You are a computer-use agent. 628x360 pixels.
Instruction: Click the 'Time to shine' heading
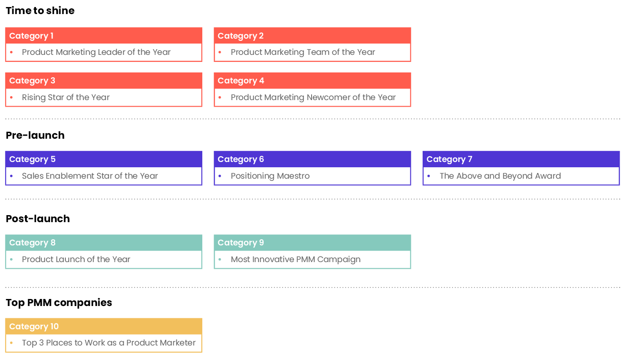coord(40,11)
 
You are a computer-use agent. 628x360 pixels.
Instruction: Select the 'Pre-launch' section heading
coord(35,135)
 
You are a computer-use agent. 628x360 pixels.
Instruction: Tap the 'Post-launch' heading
coord(38,219)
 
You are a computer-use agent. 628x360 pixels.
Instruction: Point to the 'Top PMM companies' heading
coord(59,302)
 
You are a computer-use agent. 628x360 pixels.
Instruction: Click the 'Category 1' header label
coord(32,36)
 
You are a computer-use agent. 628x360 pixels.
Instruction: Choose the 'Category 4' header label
coord(241,81)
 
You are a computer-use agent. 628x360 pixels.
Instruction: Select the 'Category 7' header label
coord(449,159)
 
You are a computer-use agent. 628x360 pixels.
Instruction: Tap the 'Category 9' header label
coord(241,243)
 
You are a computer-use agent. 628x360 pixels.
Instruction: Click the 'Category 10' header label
coord(34,326)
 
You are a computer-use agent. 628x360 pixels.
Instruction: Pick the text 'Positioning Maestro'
coord(270,176)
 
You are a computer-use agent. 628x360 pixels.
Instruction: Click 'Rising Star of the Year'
coord(65,97)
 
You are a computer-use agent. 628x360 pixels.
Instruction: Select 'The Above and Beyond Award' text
coord(500,176)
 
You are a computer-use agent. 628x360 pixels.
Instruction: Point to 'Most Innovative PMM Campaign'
coord(295,259)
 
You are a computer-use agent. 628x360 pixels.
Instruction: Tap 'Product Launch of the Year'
coord(76,259)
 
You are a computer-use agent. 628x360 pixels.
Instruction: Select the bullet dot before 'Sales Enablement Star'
coord(11,176)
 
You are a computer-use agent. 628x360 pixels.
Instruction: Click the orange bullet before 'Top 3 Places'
coord(11,343)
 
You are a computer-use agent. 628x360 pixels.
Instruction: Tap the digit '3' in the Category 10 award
coord(41,343)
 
